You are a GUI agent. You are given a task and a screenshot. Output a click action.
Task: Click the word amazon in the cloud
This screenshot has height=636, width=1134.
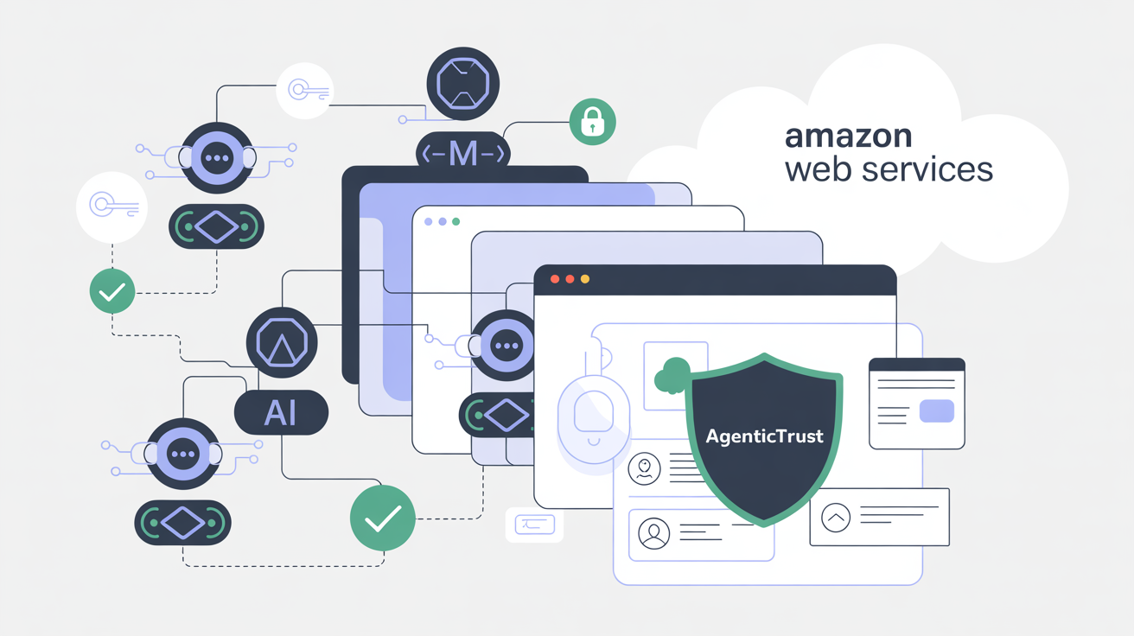pyautogui.click(x=849, y=137)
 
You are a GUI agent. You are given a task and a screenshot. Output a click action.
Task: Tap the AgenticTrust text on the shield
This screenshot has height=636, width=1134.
pyautogui.click(x=764, y=436)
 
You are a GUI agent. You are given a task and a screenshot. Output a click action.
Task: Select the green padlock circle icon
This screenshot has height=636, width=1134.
pyautogui.click(x=592, y=122)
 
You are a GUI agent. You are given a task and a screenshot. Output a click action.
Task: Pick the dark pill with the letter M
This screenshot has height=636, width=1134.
pyautogui.click(x=462, y=155)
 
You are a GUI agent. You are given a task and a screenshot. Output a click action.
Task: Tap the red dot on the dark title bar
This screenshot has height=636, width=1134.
pyautogui.click(x=554, y=279)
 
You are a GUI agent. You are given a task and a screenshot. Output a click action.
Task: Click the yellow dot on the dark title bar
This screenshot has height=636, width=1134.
pyautogui.click(x=585, y=279)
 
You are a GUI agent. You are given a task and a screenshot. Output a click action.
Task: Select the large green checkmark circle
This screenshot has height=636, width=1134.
pyautogui.click(x=382, y=518)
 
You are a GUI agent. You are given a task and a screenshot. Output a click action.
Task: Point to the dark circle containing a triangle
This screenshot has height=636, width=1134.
pyautogui.click(x=282, y=343)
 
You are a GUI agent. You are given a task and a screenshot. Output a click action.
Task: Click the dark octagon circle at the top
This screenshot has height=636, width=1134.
pyautogui.click(x=462, y=83)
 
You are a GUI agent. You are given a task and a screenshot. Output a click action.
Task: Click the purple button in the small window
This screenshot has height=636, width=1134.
pyautogui.click(x=937, y=411)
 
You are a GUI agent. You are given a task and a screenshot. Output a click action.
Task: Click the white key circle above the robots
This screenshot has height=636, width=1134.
pyautogui.click(x=305, y=90)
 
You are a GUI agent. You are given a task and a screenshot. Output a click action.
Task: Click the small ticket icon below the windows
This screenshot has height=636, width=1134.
pyautogui.click(x=534, y=524)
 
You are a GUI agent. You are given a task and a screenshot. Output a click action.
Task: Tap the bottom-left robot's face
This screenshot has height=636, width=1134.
pyautogui.click(x=182, y=454)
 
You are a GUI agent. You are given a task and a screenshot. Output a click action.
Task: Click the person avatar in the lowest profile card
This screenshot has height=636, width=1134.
pyautogui.click(x=653, y=531)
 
